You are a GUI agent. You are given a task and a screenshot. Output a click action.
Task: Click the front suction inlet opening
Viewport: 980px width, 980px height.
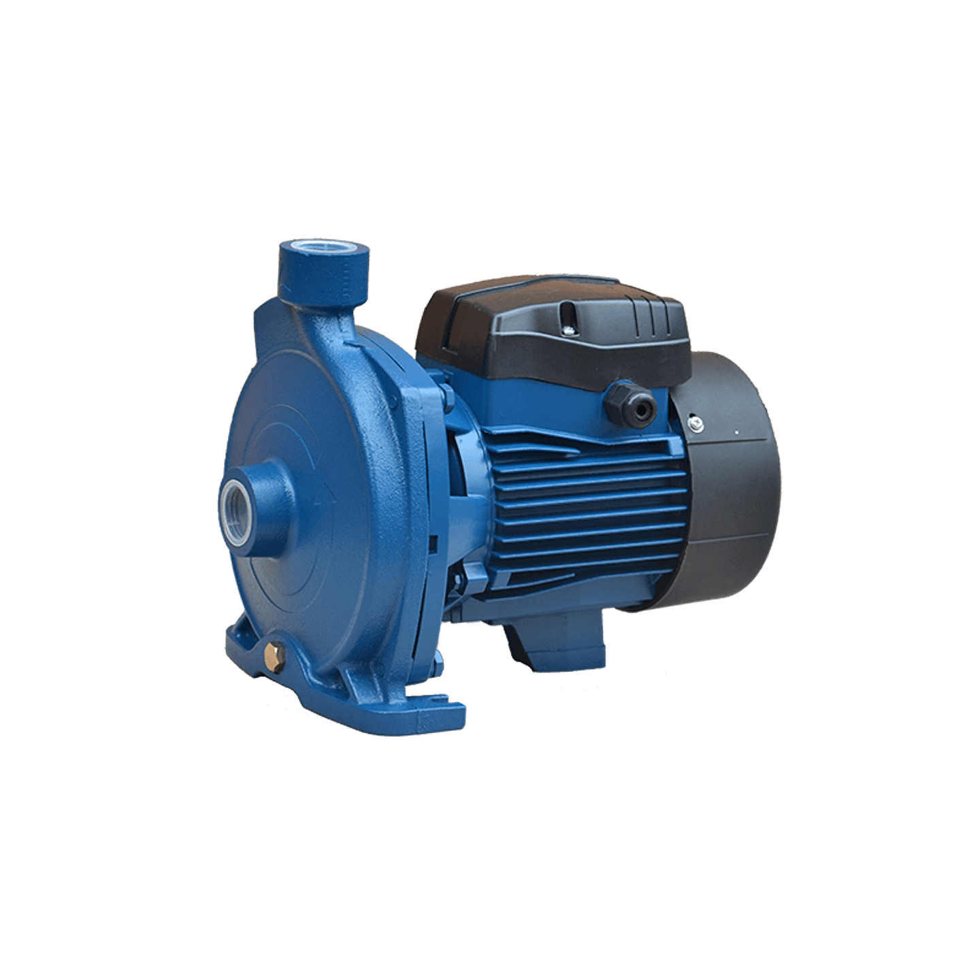pos(233,502)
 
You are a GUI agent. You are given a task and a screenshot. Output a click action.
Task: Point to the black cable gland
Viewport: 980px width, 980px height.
pos(627,400)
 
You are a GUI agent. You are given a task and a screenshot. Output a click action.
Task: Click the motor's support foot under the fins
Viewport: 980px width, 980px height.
pos(555,643)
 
